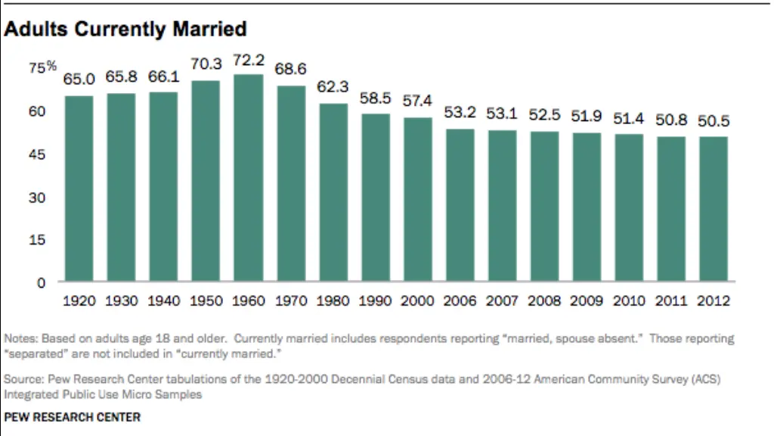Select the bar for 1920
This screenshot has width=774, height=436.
79,188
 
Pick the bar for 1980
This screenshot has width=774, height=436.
333,192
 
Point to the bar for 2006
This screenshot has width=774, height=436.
460,205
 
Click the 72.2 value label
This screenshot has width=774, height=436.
249,60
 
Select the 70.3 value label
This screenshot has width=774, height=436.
206,65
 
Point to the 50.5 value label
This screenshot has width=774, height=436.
714,121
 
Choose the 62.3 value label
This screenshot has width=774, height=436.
333,88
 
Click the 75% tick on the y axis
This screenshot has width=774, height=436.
42,67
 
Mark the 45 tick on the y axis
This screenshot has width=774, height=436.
38,154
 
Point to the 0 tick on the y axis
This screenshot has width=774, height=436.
42,282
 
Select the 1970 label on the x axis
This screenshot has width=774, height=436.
291,301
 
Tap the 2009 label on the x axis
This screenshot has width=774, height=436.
587,301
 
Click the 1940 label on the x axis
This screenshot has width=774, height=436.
164,301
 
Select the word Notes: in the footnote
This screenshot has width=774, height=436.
20,338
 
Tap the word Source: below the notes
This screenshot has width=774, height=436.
23,379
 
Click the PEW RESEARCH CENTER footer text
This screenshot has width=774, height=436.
73,417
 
